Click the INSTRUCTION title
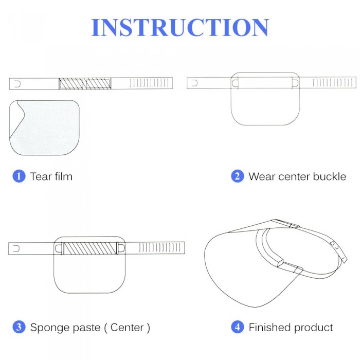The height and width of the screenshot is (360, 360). coord(180,27)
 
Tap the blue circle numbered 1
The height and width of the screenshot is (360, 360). coord(19,176)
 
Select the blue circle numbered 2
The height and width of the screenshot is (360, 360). coord(238,176)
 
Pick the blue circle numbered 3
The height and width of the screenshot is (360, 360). coord(19,327)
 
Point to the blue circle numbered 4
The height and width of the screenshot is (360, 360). coord(238,327)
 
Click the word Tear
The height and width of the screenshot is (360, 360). coord(41,176)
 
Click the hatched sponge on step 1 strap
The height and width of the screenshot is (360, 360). coord(85,83)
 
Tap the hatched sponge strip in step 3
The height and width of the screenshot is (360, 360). coord(90,248)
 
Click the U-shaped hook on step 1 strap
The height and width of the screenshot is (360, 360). coord(17,84)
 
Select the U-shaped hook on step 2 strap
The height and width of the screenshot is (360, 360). coord(194,83)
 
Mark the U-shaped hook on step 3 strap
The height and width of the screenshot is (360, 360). coord(16,248)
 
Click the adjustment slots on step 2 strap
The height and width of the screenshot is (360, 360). coord(332,83)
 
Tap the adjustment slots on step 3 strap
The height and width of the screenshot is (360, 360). coord(160,248)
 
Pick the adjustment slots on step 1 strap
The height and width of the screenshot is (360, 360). coord(149,83)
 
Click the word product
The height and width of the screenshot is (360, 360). coord(314,328)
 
